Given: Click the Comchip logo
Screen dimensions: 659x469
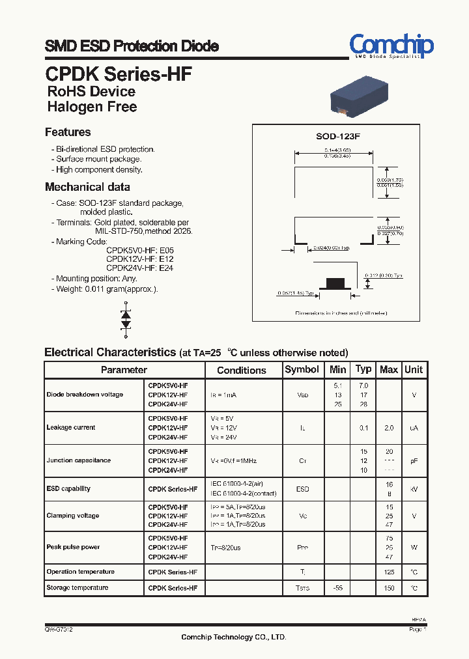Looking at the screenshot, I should point(391,46).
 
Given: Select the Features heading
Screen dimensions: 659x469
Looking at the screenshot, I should point(68,132).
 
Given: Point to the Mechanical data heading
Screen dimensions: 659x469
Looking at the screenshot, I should point(87,187).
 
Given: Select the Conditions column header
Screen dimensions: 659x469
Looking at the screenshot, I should point(242,370).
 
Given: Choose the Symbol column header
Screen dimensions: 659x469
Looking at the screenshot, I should point(302,369).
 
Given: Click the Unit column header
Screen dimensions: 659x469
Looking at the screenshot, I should point(414,369).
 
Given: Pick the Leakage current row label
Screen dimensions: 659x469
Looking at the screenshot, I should point(71,428).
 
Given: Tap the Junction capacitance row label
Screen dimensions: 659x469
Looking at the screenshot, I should point(78,460).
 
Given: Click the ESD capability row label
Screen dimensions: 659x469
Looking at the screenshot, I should point(68,488).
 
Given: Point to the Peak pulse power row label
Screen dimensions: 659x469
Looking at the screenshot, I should point(73,547).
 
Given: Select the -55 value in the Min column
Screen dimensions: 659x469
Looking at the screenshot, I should point(337,588).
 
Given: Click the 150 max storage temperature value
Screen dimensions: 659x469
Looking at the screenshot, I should point(389,588).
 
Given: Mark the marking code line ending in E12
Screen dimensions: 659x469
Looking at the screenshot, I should point(140,259).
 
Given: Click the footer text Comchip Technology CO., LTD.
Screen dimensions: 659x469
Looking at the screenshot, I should point(234,637).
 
